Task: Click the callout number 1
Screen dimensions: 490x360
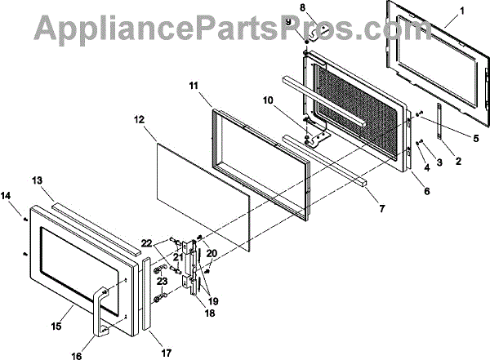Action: click(462, 11)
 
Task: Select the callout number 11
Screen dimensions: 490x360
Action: click(193, 84)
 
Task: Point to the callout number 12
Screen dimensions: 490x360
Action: click(140, 118)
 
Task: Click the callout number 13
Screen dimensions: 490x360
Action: click(37, 180)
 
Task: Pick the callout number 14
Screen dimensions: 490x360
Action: click(7, 196)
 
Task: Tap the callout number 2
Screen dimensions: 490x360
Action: click(457, 161)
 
